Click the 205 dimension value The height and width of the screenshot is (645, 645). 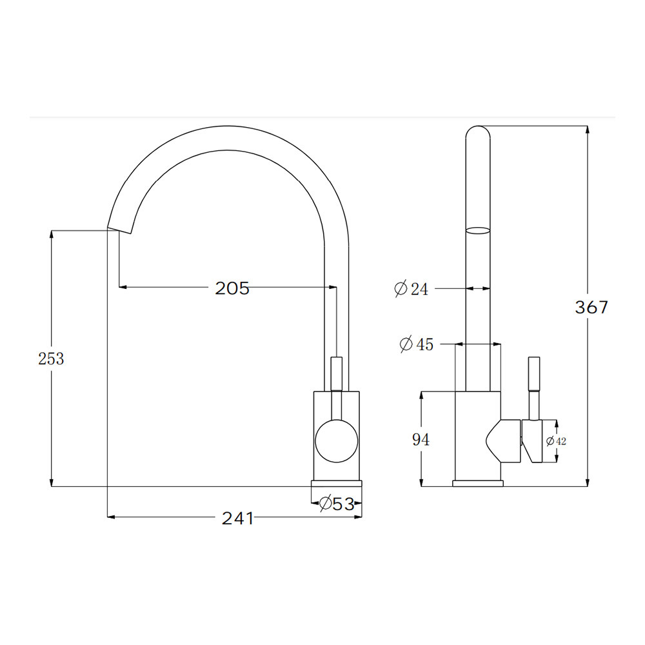coord(232,288)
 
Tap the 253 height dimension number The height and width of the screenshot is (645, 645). coord(51,359)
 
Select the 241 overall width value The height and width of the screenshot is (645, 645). coord(238,519)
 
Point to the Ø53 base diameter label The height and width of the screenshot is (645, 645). coord(337,504)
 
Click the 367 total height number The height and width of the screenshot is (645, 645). coord(591,307)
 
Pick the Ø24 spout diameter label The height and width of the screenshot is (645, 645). coord(411,289)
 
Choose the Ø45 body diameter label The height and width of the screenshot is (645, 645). coord(416,344)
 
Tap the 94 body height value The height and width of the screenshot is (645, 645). coord(421,440)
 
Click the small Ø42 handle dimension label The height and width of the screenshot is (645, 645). coord(556,441)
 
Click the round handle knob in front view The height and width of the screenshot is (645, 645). coord(337,441)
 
